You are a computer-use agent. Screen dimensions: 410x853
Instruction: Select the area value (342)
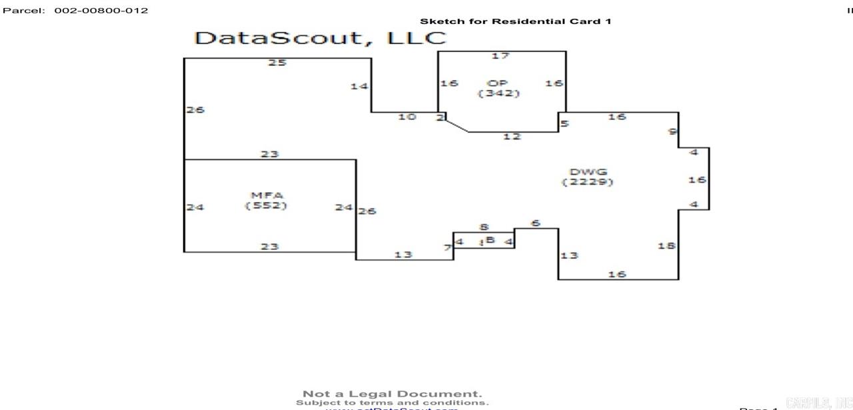498,93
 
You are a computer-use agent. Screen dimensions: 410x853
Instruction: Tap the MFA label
266,195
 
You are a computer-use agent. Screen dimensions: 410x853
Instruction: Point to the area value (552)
266,205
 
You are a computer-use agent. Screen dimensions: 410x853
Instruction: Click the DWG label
588,171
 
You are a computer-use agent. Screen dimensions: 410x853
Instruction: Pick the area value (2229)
588,182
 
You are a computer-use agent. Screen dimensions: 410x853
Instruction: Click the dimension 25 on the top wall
277,63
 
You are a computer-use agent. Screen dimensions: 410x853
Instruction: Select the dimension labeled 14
359,86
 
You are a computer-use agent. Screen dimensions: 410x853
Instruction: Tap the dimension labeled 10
407,117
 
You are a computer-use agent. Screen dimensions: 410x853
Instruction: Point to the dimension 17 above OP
500,55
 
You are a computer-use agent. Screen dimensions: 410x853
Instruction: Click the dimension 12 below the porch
512,137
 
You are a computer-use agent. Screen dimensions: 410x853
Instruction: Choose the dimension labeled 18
666,245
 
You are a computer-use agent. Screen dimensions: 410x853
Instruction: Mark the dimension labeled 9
672,131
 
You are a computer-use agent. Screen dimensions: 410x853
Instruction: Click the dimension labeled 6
536,223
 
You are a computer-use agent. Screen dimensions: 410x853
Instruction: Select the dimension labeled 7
448,248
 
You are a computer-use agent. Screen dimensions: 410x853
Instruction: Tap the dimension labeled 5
564,123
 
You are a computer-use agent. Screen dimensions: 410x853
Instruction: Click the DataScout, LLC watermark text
320,37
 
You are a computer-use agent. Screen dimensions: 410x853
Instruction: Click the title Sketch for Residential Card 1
515,21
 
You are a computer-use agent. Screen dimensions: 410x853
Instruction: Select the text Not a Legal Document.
392,394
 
